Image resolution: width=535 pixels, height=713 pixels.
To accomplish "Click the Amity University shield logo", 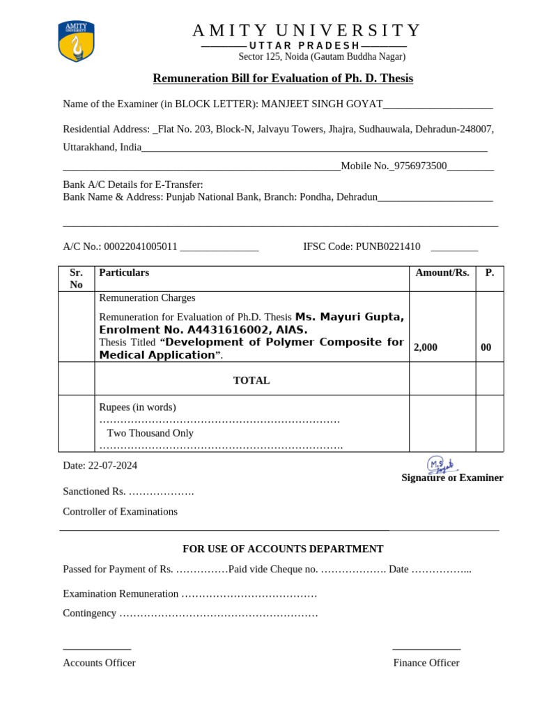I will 76,41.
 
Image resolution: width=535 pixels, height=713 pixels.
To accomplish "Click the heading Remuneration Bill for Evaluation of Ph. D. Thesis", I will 283,79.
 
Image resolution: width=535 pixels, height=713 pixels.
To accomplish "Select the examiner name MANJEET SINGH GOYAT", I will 322,104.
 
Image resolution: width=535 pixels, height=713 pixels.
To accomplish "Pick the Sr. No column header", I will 76,279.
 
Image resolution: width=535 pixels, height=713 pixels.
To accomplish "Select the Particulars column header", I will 124,273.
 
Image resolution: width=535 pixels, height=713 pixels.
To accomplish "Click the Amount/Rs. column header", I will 442,273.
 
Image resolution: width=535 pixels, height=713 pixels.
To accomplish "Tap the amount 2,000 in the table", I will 426,347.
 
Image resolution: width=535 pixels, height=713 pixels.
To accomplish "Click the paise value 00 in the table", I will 486,347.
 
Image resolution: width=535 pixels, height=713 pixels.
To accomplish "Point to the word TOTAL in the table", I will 251,381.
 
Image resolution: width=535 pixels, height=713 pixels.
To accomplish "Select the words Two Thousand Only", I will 150,433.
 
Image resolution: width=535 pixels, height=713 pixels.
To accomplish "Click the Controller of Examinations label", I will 120,512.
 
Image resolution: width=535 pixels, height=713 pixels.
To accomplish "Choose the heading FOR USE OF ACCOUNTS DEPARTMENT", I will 279,549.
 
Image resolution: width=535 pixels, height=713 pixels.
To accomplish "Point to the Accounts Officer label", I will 99,663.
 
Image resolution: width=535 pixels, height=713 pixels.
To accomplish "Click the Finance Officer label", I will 426,663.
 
